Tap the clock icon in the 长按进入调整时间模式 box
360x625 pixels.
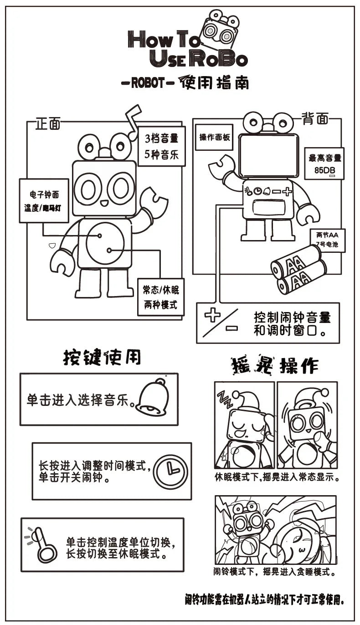coord(171,471)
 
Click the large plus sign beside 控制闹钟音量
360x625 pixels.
coord(212,315)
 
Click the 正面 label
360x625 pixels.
coord(48,124)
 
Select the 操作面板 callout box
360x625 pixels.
coord(214,137)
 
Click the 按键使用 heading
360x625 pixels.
coord(102,358)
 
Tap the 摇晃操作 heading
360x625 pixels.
coord(275,365)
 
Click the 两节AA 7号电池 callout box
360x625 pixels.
coord(327,240)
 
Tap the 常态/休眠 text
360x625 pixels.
coord(161,291)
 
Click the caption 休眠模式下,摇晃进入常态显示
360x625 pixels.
coord(278,477)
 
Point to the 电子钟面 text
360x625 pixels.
coord(45,195)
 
